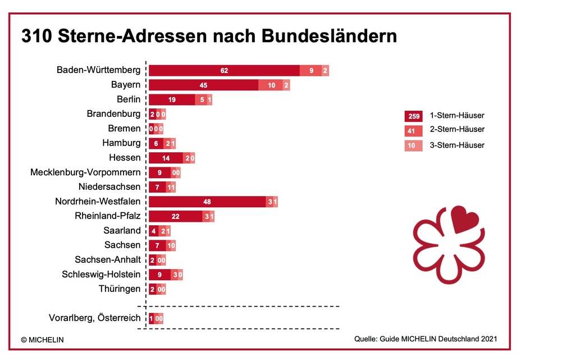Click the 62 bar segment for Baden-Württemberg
pyautogui.click(x=224, y=70)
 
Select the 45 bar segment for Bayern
pyautogui.click(x=203, y=85)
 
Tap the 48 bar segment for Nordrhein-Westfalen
pyautogui.click(x=207, y=202)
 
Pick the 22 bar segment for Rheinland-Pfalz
pyautogui.click(x=175, y=216)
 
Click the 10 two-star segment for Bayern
pyautogui.click(x=271, y=85)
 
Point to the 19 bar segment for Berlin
pyautogui.click(x=172, y=99)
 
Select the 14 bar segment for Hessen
pyautogui.click(x=166, y=158)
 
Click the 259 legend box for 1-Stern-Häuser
pyautogui.click(x=413, y=116)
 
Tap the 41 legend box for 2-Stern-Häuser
pyautogui.click(x=413, y=130)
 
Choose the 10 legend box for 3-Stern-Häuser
pyautogui.click(x=413, y=145)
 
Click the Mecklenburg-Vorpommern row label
pyautogui.click(x=85, y=172)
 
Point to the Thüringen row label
pyautogui.click(x=120, y=289)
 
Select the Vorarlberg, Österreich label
pyautogui.click(x=95, y=318)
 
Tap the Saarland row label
pyautogui.click(x=122, y=230)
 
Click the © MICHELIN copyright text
pyautogui.click(x=42, y=340)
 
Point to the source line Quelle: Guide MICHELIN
pyautogui.click(x=425, y=339)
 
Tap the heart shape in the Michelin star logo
pyautogui.click(x=466, y=219)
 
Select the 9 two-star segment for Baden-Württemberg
pyautogui.click(x=311, y=70)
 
